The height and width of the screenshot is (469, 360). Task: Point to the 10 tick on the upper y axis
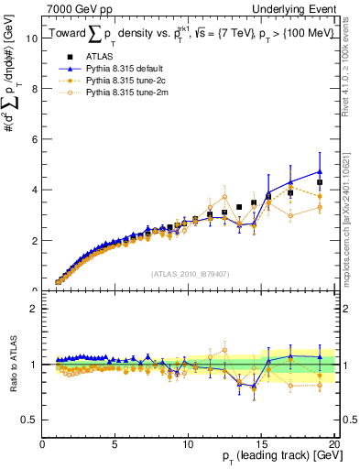(32, 38)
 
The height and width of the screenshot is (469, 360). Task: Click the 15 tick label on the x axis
(263, 443)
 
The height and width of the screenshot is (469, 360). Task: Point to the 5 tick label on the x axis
(115, 443)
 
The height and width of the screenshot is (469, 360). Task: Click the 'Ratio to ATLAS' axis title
(11, 366)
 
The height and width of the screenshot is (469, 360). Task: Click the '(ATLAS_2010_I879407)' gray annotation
(190, 273)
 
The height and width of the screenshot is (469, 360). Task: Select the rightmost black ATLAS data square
(320, 182)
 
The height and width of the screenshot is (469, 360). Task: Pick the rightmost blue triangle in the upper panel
(320, 171)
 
